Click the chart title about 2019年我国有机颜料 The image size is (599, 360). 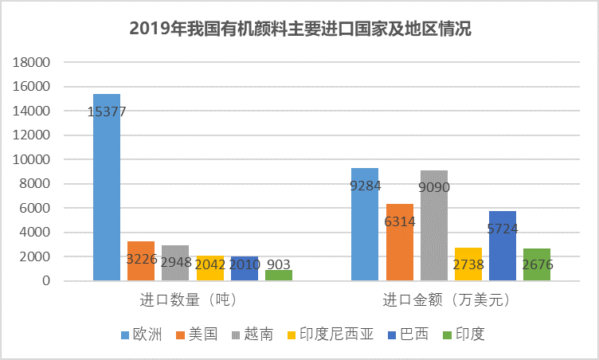click(x=299, y=30)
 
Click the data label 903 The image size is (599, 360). click(x=279, y=263)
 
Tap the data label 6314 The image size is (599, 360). click(x=400, y=221)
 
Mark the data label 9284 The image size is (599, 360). click(x=366, y=186)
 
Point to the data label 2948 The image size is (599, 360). click(x=175, y=262)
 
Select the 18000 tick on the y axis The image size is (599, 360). click(x=34, y=62)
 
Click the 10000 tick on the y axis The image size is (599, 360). click(x=34, y=159)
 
